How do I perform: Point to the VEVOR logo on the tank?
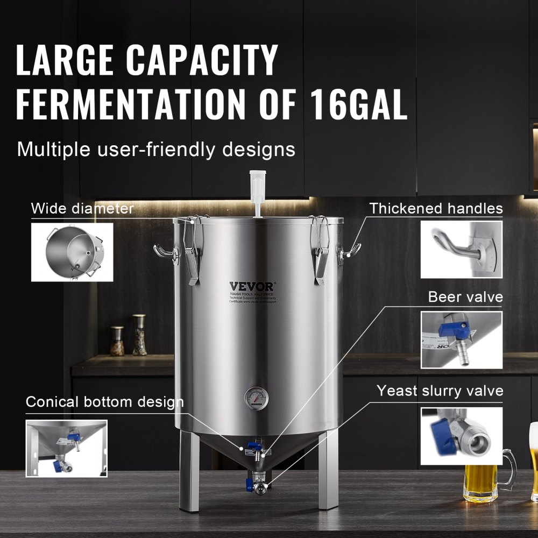[x=252, y=286]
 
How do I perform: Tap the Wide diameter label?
[x=82, y=208]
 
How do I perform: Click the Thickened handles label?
[x=436, y=208]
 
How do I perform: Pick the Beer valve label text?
[x=465, y=297]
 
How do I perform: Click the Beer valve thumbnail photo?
[x=461, y=339]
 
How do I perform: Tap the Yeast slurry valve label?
[x=440, y=391]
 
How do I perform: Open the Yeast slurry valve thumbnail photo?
[x=461, y=436]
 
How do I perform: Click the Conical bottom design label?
[x=104, y=402]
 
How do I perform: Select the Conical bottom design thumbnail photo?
[x=67, y=448]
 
